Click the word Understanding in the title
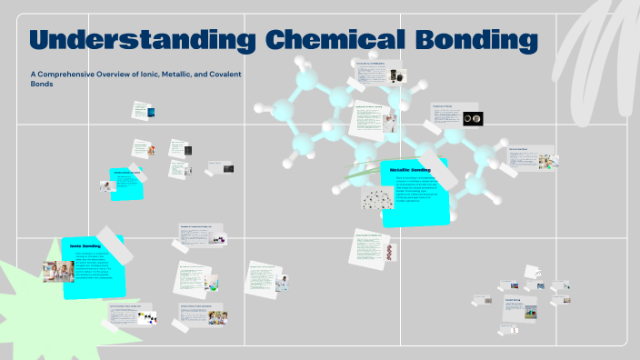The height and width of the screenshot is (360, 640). pos(141,41)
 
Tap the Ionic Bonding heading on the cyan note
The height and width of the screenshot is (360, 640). pos(85,245)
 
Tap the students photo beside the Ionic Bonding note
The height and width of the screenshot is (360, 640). pos(57,271)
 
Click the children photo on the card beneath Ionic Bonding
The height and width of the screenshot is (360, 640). pos(217,317)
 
